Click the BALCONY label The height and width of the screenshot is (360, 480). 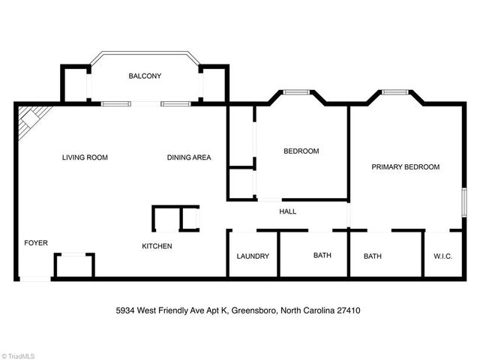[x=144, y=76]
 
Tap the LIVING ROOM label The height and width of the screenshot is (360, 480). [x=85, y=157]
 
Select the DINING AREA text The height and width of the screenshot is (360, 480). [x=188, y=157]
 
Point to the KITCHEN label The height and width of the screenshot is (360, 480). [x=157, y=246]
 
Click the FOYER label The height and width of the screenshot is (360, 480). [x=36, y=242]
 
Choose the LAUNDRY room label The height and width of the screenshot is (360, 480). [x=253, y=256]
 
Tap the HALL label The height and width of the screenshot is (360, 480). [x=287, y=211]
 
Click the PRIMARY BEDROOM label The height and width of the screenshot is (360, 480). [x=405, y=166]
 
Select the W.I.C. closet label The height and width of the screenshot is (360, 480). [x=442, y=256]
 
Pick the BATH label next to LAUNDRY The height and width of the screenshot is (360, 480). [x=322, y=256]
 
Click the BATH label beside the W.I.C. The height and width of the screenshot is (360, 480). [x=373, y=256]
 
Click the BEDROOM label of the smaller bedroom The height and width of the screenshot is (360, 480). [x=301, y=151]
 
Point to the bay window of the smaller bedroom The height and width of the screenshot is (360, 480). [x=295, y=92]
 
